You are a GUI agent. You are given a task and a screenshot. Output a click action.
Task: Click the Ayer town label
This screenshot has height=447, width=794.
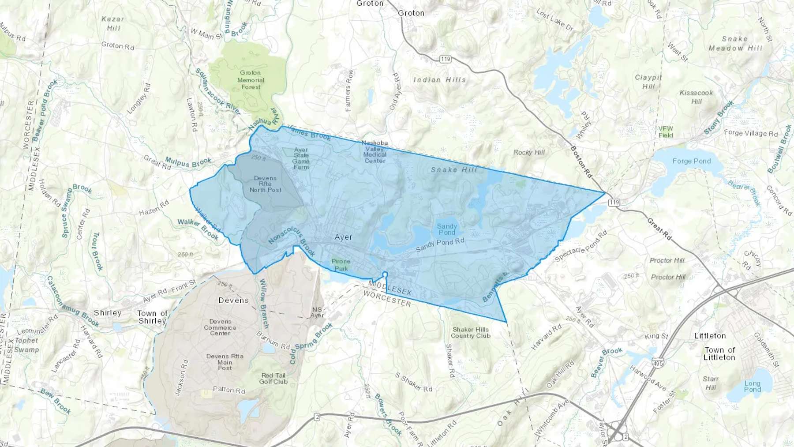click(343, 237)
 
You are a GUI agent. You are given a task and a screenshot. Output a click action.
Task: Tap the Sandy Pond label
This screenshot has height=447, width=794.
click(446, 229)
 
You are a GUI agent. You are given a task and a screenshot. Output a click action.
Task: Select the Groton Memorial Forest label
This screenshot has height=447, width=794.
click(251, 80)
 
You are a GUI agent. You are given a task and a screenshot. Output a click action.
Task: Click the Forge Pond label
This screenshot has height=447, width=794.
click(691, 161)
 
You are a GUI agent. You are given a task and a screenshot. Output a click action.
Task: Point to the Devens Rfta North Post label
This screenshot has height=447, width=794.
click(265, 184)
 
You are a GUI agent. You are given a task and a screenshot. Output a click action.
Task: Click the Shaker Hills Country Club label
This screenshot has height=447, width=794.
click(470, 333)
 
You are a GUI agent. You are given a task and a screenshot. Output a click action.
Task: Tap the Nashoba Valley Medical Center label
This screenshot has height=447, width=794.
click(375, 152)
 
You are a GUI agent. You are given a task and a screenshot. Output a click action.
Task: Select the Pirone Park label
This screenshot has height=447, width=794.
click(341, 265)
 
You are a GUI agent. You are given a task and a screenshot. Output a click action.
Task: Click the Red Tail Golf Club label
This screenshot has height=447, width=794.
click(273, 379)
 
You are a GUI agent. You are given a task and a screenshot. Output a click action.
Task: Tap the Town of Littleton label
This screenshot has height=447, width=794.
click(719, 353)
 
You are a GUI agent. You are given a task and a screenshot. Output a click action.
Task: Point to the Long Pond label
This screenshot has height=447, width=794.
click(752, 386)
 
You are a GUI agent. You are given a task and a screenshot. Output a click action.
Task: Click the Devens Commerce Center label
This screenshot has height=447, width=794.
click(220, 327)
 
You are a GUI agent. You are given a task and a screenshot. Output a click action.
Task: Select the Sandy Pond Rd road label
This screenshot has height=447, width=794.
click(440, 245)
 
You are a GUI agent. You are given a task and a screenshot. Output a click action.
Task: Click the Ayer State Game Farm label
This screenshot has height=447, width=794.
click(301, 158)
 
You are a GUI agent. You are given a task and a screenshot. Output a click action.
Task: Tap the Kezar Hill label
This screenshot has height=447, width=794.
click(113, 23)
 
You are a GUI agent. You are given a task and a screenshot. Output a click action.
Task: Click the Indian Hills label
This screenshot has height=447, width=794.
click(439, 80)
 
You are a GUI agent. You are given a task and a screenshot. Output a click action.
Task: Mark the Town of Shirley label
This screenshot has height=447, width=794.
click(152, 317)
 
